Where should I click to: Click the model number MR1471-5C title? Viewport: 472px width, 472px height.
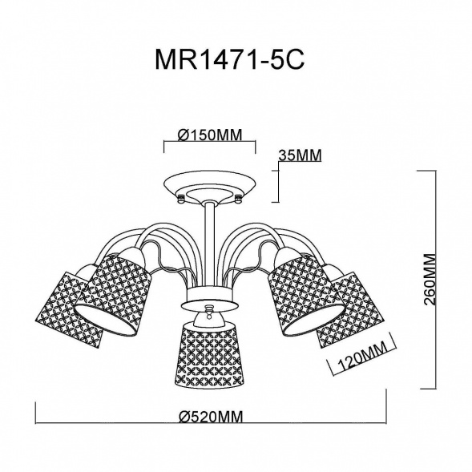pyautogui.click(x=230, y=59)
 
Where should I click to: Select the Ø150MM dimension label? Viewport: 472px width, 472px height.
pyautogui.click(x=210, y=135)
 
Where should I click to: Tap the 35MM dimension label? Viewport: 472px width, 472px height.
pyautogui.click(x=301, y=155)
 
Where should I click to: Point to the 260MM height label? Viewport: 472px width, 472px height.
pyautogui.click(x=430, y=280)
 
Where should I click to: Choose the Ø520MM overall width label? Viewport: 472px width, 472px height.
pyautogui.click(x=211, y=417)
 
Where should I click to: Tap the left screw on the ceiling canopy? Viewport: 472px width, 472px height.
pyautogui.click(x=181, y=199)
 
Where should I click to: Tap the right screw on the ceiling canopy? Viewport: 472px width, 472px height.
pyautogui.click(x=238, y=199)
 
